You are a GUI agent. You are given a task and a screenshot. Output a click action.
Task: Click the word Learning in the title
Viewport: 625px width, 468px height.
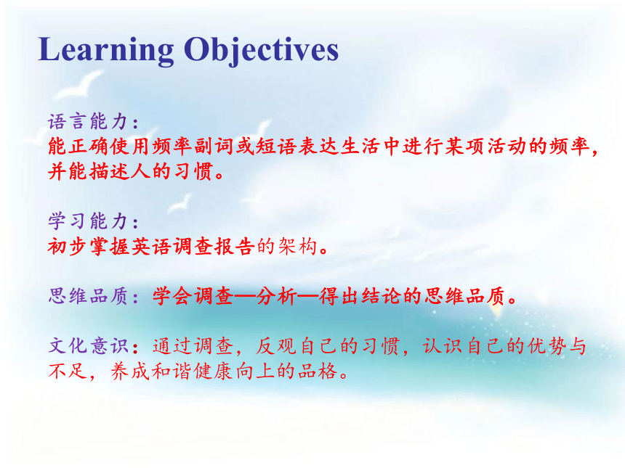pyautogui.click(x=105, y=50)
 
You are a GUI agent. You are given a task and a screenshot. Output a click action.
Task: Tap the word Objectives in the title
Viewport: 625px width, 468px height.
pyautogui.click(x=261, y=50)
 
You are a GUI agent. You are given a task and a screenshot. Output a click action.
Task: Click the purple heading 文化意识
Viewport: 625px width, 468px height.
pyautogui.click(x=88, y=345)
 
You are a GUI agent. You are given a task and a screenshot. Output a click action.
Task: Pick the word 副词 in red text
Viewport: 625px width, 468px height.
pyautogui.click(x=214, y=147)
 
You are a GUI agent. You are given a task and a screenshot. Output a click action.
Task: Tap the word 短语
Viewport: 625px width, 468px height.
pyautogui.click(x=277, y=147)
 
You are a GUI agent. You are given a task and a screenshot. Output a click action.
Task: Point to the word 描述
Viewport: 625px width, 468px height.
pyautogui.click(x=110, y=171)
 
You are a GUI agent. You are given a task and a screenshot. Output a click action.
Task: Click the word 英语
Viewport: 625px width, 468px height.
pyautogui.click(x=152, y=247)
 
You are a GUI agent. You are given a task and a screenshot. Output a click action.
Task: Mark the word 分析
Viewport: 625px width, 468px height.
pyautogui.click(x=277, y=297)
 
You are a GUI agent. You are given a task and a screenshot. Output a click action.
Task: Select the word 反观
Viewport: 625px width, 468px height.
pyautogui.click(x=276, y=346)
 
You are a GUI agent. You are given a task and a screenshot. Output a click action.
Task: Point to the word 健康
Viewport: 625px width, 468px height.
pyautogui.click(x=214, y=371)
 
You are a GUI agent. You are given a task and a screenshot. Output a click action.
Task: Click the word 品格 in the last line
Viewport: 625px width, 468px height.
pyautogui.click(x=318, y=371)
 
